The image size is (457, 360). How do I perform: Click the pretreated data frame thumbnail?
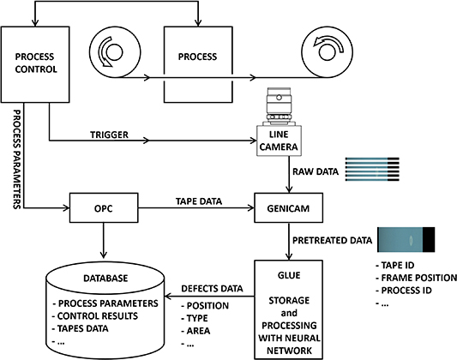(412, 241)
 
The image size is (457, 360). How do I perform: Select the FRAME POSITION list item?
(409, 278)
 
